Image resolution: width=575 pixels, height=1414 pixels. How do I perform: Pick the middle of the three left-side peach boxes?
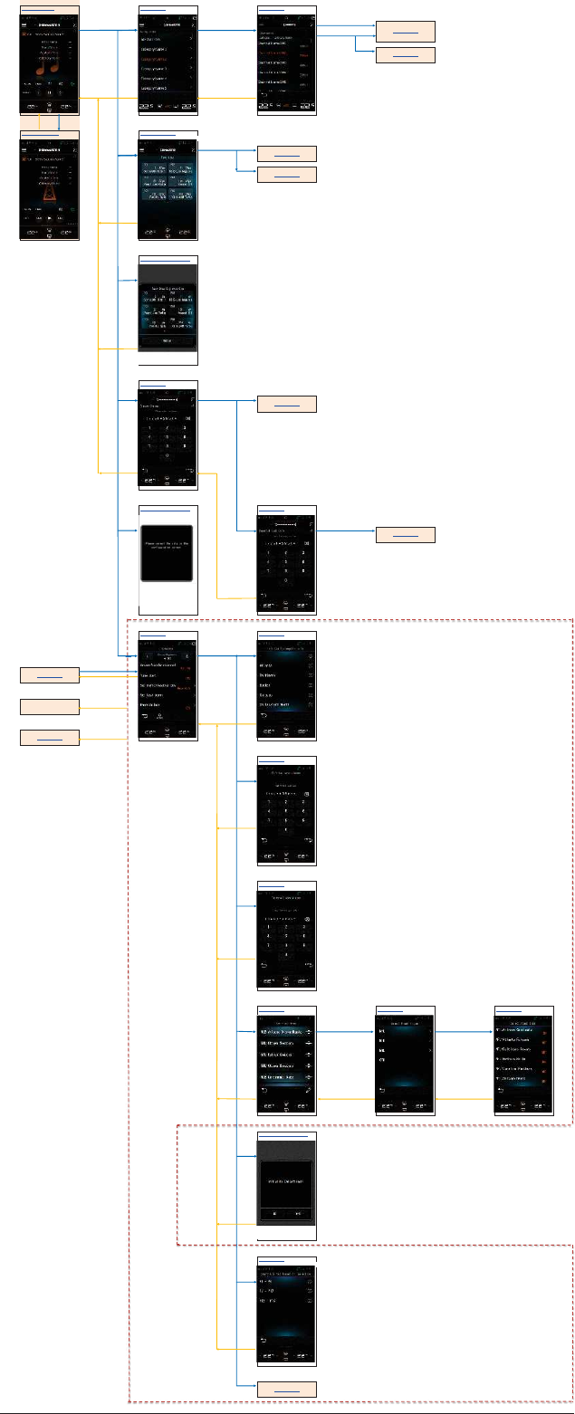point(50,706)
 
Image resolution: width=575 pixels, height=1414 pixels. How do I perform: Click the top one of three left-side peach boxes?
point(50,674)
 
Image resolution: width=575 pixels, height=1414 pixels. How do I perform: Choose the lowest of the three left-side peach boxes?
point(50,738)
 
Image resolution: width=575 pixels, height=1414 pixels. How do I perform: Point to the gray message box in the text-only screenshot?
point(168,552)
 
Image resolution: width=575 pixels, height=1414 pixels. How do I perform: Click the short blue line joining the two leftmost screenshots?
point(59,122)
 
